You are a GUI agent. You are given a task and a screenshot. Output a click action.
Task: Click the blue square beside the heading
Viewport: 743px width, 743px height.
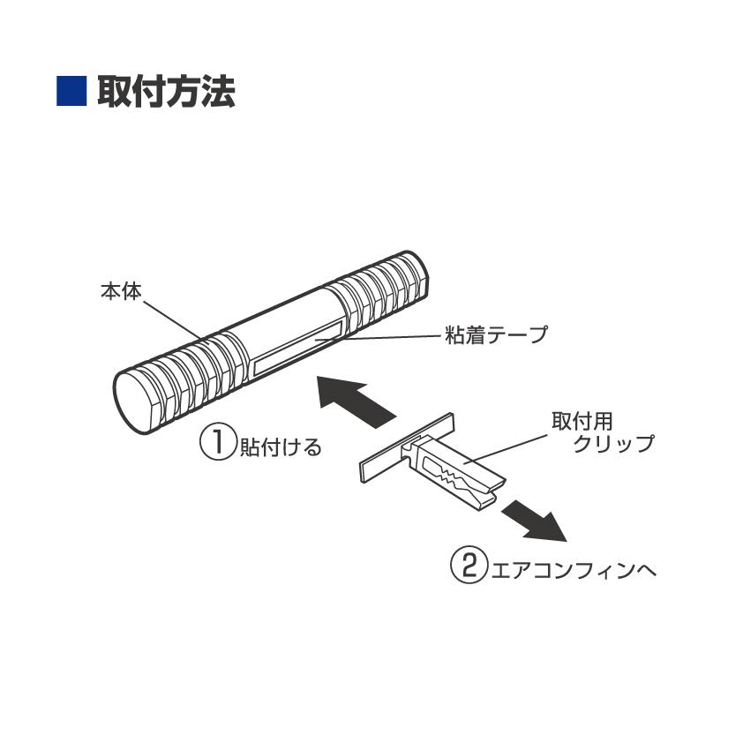pyautogui.click(x=71, y=92)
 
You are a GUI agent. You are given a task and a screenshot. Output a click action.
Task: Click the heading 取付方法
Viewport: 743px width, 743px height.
pyautogui.click(x=166, y=92)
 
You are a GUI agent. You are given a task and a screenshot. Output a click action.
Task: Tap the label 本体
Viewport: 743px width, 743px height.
pyautogui.click(x=119, y=292)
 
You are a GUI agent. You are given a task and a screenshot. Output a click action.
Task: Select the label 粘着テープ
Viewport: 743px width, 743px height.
pyautogui.click(x=497, y=335)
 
